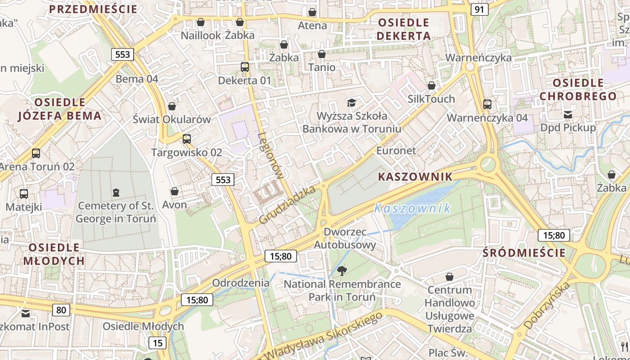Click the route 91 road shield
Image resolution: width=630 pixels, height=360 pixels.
coord(480,9)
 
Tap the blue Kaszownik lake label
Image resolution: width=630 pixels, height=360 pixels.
coord(412,208)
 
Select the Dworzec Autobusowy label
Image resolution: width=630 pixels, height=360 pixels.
coord(345,238)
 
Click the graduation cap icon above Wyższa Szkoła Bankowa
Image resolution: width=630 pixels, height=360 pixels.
coord(351,103)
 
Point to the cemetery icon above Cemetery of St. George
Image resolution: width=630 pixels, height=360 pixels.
coord(116,193)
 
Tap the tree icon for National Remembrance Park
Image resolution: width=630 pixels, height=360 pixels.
coord(342,271)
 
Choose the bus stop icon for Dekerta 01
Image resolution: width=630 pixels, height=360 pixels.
coord(245,67)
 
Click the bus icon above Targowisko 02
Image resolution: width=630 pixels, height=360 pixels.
coord(187,139)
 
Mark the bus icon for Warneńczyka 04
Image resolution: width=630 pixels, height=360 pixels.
coord(487,104)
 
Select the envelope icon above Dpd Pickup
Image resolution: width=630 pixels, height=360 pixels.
coord(568,114)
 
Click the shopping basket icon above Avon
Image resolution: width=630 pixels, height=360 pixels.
coord(175,192)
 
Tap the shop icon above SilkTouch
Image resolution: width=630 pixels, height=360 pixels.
coord(432,85)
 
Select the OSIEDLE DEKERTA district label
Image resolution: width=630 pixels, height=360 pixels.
coord(404,29)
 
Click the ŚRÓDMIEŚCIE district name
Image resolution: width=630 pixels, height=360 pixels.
coord(524,253)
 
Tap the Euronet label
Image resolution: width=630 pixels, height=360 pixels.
coord(396,151)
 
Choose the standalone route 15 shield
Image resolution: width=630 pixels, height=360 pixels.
coord(157,343)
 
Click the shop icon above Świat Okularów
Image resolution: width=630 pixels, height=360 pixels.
coord(172,106)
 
